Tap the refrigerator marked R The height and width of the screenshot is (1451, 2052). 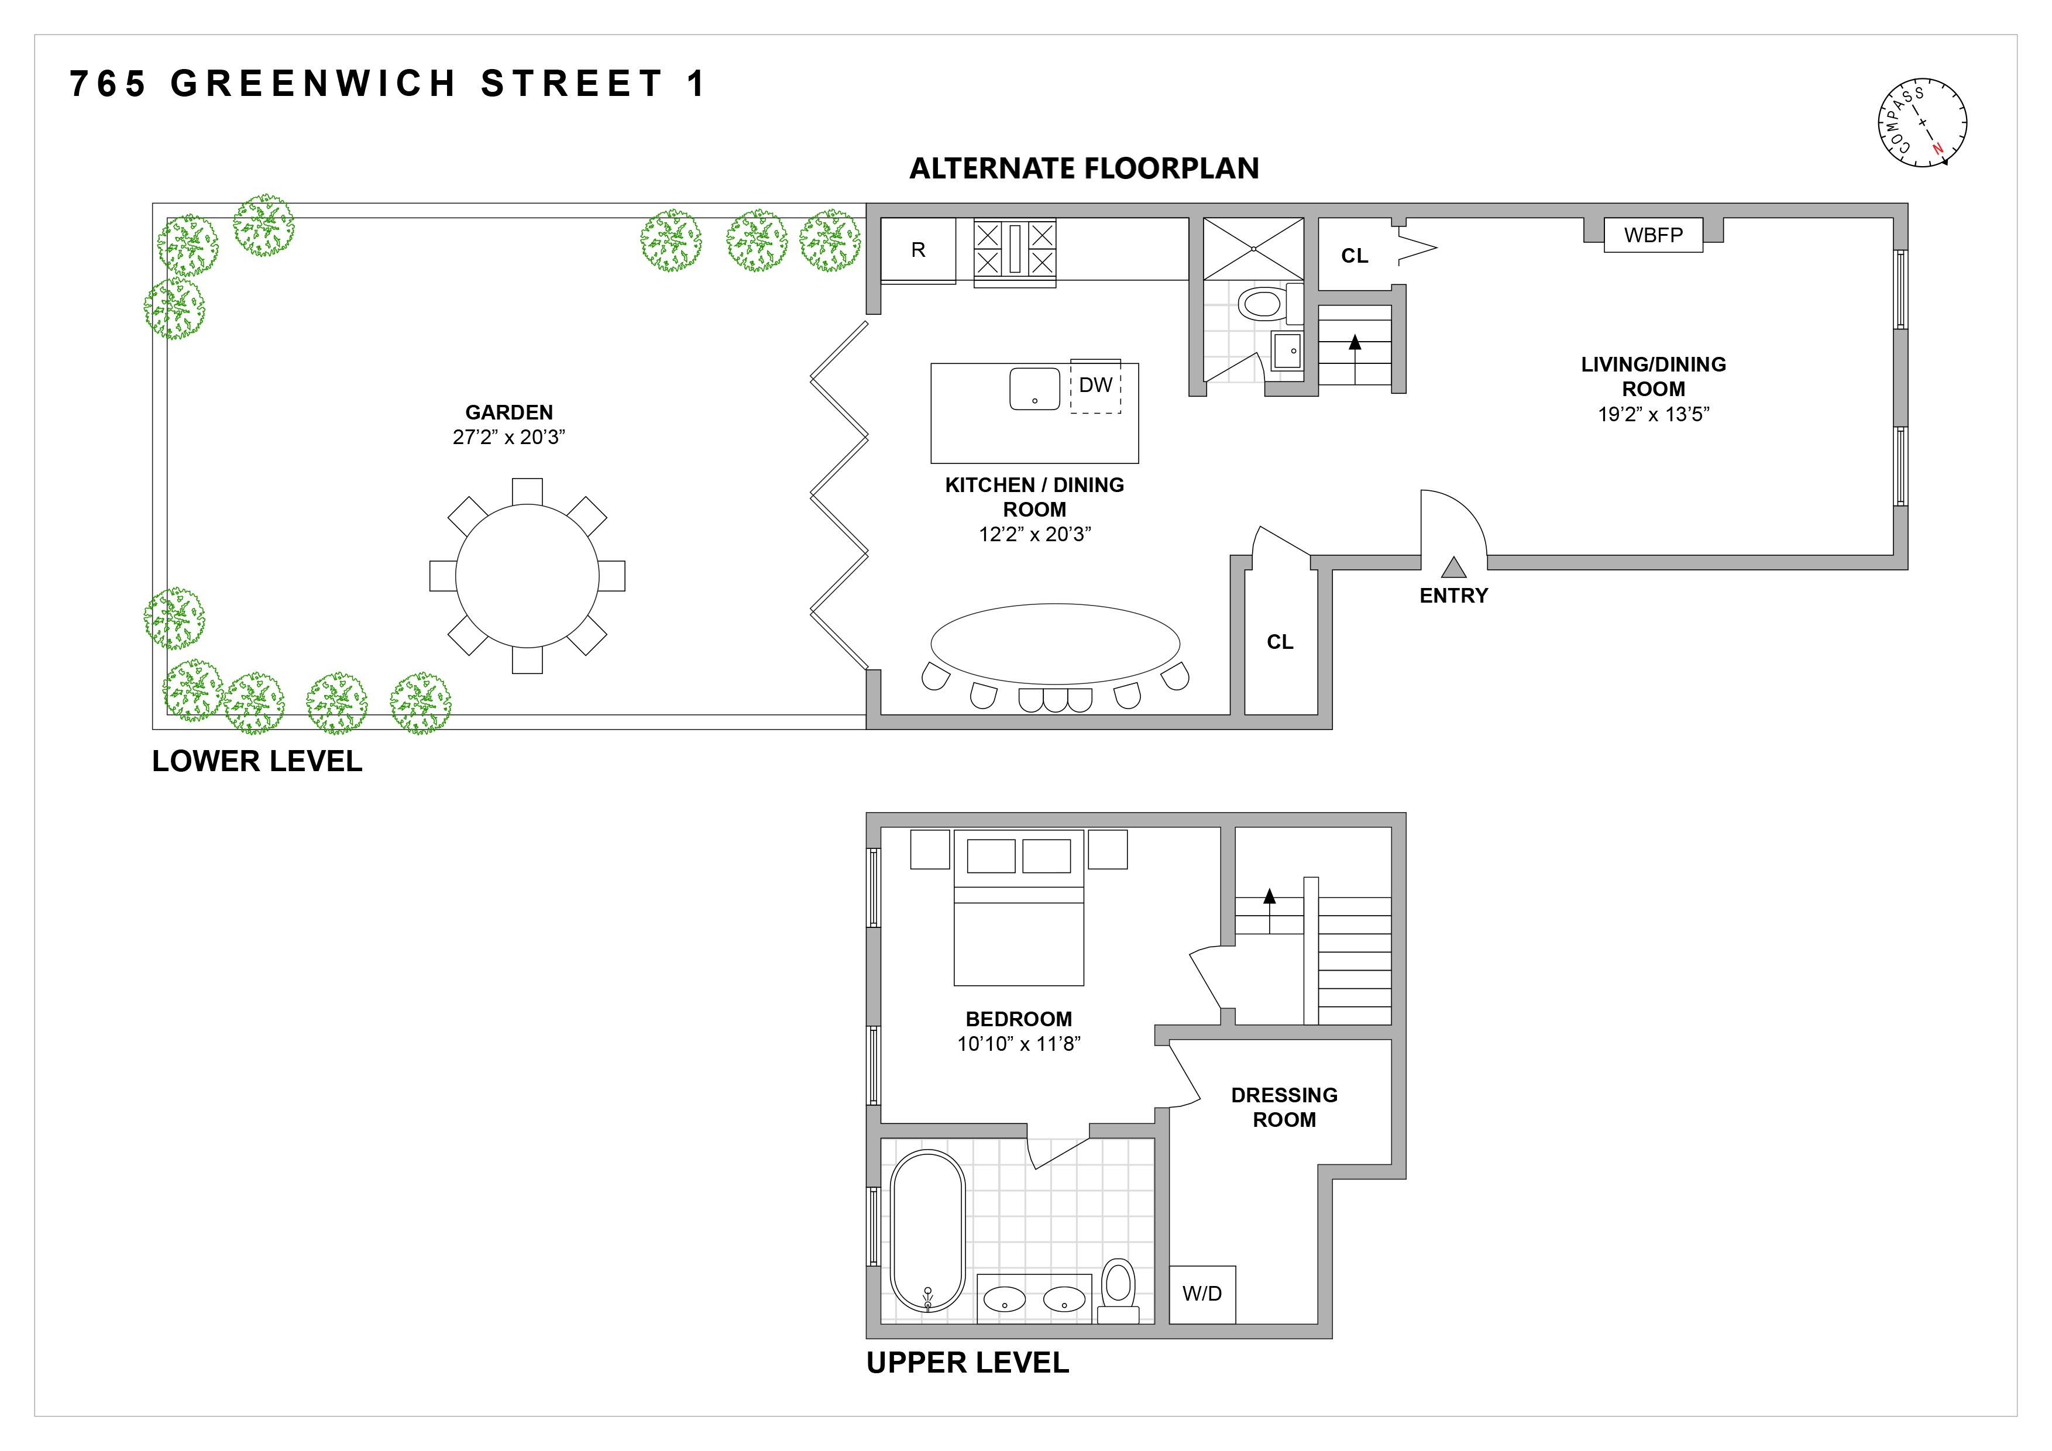(x=918, y=250)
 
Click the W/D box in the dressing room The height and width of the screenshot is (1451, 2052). (x=1201, y=1294)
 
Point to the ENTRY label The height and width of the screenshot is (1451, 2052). (x=1453, y=596)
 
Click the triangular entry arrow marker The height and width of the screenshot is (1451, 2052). (x=1453, y=568)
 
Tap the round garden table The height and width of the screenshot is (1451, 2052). (x=527, y=576)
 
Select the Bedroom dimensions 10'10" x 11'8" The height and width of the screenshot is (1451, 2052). (x=1018, y=1044)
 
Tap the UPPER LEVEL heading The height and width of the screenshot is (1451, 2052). (x=967, y=1363)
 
